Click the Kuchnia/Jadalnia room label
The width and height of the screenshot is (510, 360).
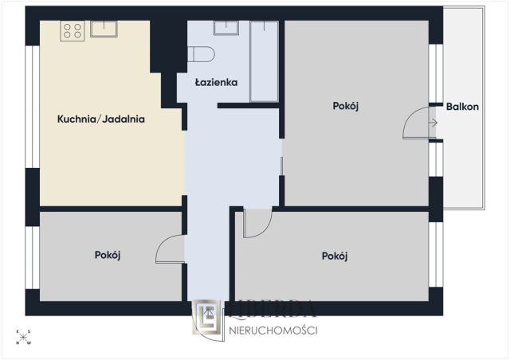click(x=101, y=119)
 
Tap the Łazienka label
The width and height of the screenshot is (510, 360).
click(x=216, y=82)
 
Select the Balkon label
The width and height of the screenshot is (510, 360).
click(x=462, y=107)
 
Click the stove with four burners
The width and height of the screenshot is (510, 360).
click(x=73, y=31)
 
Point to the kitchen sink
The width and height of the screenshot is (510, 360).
click(x=104, y=29)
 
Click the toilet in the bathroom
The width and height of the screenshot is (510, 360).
click(x=201, y=54)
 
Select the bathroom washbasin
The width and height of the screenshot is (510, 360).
click(x=226, y=28)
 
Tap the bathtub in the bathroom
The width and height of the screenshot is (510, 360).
click(x=264, y=61)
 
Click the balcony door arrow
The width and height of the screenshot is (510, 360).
click(x=433, y=123)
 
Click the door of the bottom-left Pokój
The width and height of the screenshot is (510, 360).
click(x=170, y=248)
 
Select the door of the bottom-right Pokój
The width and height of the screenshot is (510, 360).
click(x=257, y=224)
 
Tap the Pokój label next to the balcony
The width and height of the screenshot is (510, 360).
click(x=345, y=107)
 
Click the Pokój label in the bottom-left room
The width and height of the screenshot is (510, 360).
click(x=108, y=256)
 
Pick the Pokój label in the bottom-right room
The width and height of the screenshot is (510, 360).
click(x=335, y=256)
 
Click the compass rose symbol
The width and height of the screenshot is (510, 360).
click(x=23, y=337)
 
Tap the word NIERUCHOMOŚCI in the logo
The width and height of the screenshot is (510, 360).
click(x=273, y=331)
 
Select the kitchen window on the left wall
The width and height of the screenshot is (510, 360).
click(x=33, y=107)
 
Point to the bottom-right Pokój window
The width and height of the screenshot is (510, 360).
click(x=436, y=255)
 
